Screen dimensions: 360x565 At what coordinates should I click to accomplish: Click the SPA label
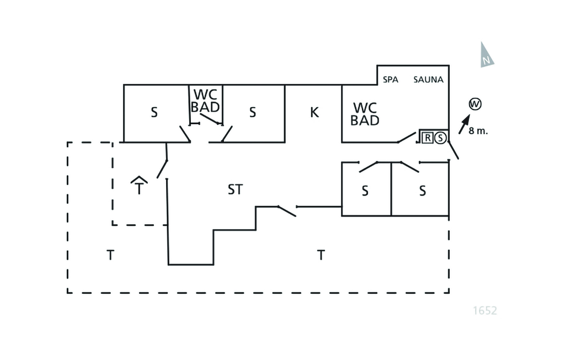point(391,80)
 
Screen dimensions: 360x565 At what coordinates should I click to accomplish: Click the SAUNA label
point(428,80)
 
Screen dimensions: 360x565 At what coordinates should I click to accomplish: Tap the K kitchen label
point(315,113)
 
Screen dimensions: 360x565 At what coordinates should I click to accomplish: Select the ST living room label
point(235,190)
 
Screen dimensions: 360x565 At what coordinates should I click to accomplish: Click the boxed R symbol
point(428,138)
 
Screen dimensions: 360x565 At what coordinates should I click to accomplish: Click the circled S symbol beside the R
point(440,138)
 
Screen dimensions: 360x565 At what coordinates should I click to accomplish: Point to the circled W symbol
point(474,103)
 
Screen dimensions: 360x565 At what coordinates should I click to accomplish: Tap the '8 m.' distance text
point(478,132)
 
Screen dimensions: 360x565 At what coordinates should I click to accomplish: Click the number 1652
point(485,311)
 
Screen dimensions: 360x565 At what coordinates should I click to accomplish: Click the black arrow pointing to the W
point(464,121)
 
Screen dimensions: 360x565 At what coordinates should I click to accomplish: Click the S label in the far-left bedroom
point(154,113)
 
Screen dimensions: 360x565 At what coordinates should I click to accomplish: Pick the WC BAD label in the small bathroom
point(205,100)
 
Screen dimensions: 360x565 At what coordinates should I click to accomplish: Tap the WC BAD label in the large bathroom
point(365,114)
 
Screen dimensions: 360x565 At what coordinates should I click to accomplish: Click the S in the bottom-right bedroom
point(423,191)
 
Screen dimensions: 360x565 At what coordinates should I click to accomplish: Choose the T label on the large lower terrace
point(321,255)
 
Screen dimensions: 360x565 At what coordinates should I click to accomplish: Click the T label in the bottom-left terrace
point(110,255)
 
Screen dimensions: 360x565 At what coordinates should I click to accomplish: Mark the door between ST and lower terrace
point(286,210)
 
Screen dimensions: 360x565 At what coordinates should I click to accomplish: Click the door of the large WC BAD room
point(407,137)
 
